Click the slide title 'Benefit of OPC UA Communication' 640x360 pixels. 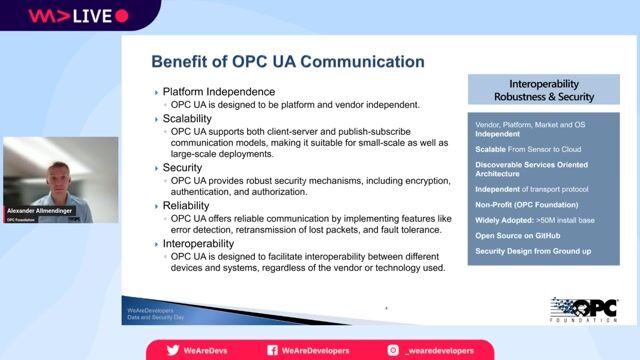287,62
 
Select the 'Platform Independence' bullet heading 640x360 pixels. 218,92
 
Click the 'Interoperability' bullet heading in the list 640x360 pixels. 207,241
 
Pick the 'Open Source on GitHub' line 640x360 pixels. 518,234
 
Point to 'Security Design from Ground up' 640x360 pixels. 531,250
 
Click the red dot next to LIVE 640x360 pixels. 122,16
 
